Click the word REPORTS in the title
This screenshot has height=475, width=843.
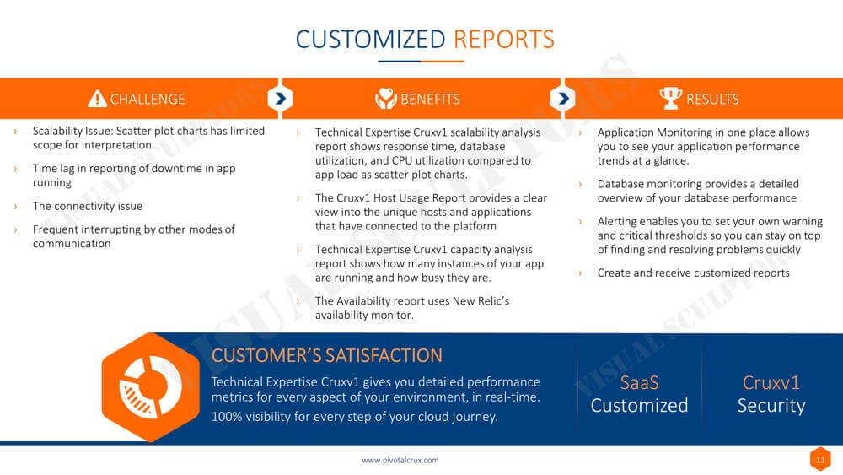(x=504, y=40)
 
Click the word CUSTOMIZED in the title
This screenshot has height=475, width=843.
(x=370, y=40)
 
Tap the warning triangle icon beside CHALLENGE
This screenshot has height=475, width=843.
(x=97, y=99)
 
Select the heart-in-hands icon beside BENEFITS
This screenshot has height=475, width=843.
(x=386, y=99)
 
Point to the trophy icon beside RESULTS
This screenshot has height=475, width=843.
(x=670, y=99)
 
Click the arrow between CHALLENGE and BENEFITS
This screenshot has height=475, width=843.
(x=280, y=99)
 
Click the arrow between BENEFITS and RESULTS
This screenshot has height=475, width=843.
(x=563, y=99)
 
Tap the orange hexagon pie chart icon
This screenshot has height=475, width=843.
(x=151, y=386)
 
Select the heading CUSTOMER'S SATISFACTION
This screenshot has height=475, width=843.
(x=327, y=355)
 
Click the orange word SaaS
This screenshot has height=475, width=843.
(x=639, y=382)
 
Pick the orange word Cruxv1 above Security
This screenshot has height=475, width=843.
(x=771, y=382)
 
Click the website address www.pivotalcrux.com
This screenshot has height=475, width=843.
(x=400, y=460)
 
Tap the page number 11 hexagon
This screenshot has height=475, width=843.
(x=820, y=460)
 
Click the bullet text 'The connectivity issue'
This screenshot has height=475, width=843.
(x=88, y=206)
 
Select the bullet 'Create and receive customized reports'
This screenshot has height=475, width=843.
(x=694, y=273)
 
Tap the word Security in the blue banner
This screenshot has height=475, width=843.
(x=771, y=406)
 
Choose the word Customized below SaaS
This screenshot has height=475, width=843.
(x=639, y=406)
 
